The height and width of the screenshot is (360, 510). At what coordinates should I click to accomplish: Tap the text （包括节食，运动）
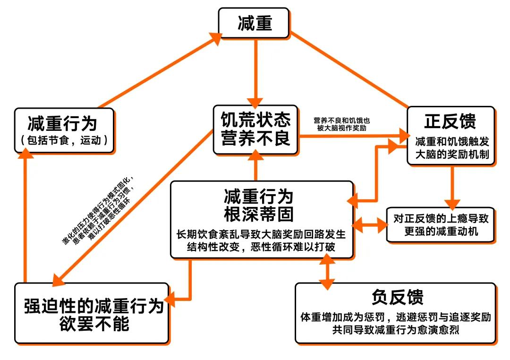(x=64, y=140)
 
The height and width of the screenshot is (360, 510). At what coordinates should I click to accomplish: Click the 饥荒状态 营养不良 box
(x=255, y=129)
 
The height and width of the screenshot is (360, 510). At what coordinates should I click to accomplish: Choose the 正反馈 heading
(x=450, y=121)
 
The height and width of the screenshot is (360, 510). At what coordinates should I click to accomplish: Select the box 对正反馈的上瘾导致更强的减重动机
(x=441, y=225)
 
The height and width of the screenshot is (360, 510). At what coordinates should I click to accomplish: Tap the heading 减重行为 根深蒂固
(x=259, y=205)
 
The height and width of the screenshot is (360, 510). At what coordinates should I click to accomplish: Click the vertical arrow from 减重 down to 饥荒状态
(x=255, y=71)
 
